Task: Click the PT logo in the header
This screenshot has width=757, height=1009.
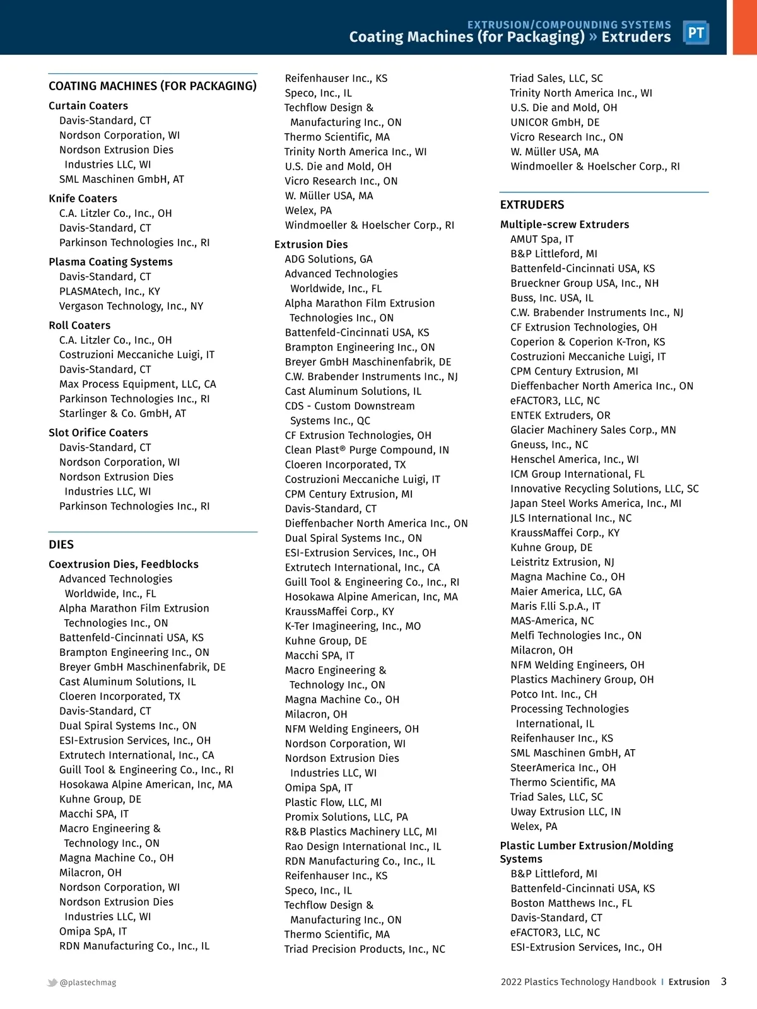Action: [x=696, y=33]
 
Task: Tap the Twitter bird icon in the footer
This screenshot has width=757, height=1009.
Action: [x=52, y=983]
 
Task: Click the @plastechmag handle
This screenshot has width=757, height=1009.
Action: [x=88, y=983]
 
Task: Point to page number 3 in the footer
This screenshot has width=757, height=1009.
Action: [x=724, y=981]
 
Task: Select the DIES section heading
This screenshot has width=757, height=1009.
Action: [x=61, y=545]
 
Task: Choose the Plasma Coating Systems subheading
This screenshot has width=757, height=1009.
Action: [x=110, y=262]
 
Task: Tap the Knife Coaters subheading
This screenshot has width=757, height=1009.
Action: [x=83, y=199]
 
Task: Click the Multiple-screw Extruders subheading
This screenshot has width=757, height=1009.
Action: [x=564, y=225]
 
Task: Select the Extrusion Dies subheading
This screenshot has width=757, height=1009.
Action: [x=311, y=245]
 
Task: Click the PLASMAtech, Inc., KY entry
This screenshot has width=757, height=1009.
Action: [x=109, y=291]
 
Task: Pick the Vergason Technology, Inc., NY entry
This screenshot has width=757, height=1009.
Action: [x=131, y=306]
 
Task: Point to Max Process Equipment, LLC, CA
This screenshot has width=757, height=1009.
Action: [x=138, y=384]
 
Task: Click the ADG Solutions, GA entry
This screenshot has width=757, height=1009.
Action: [x=328, y=259]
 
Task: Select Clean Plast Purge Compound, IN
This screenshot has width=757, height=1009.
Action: [x=367, y=450]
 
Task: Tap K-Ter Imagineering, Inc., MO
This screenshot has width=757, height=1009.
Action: [x=353, y=626]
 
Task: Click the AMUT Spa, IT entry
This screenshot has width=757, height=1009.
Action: [x=542, y=239]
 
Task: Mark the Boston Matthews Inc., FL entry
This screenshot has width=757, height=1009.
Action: [x=571, y=903]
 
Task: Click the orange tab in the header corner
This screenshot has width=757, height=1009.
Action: [x=744, y=27]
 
